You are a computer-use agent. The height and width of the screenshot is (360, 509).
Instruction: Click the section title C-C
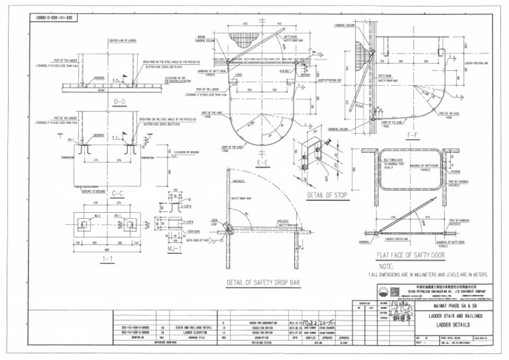(119, 194)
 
